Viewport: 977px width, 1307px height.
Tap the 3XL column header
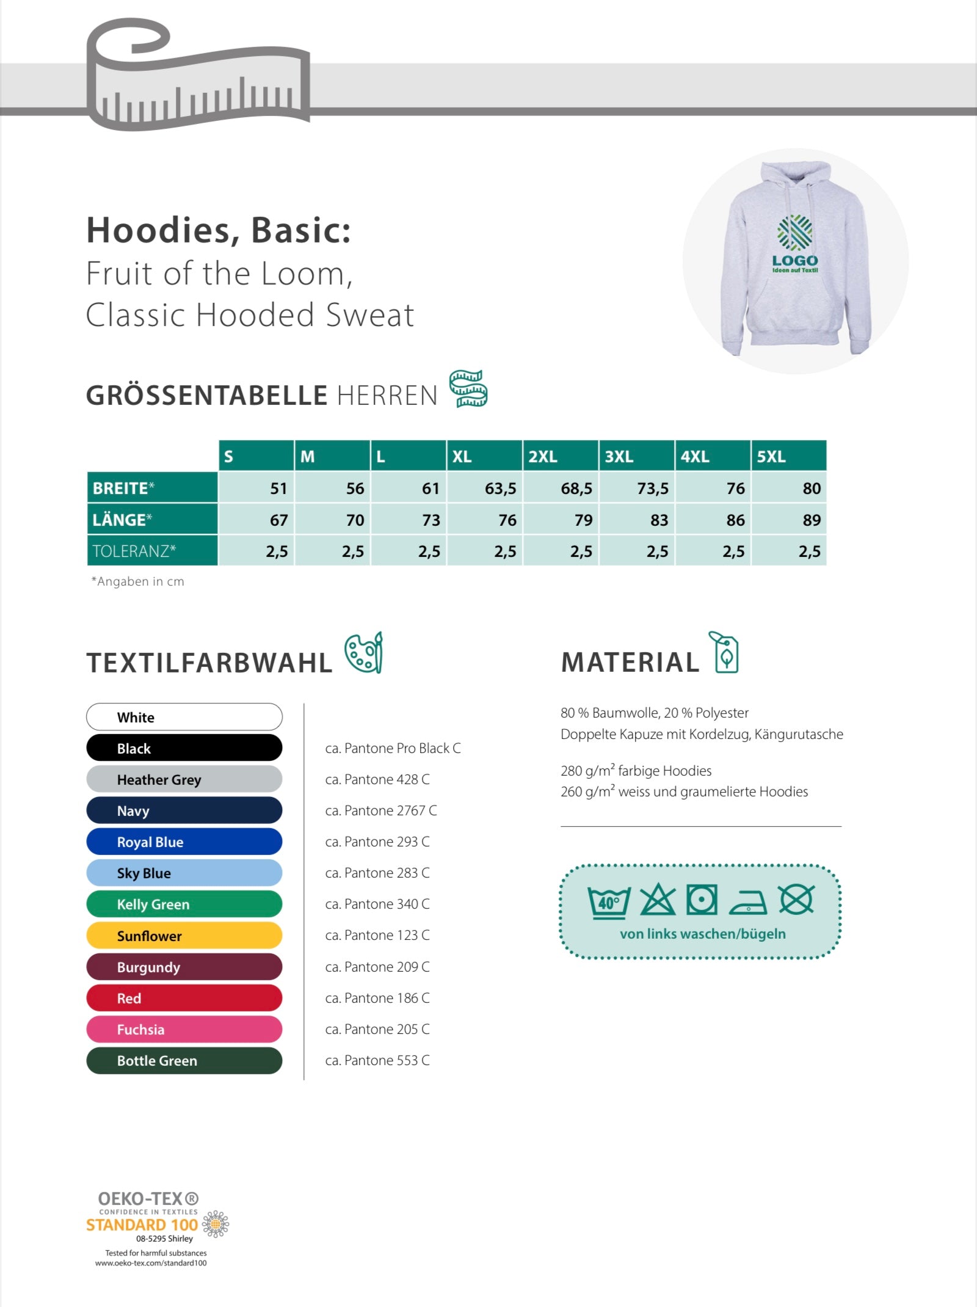(636, 456)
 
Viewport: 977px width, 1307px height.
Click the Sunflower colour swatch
(184, 936)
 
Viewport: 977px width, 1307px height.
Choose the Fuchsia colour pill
(184, 1029)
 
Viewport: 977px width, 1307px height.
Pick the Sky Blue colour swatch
(184, 873)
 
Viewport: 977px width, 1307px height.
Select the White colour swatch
(184, 717)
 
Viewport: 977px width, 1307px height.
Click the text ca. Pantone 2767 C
(381, 810)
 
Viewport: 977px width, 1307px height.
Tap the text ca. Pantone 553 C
(377, 1060)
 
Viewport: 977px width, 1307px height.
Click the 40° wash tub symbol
(609, 901)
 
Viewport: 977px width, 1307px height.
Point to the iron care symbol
(749, 901)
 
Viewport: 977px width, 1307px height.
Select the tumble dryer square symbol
(702, 900)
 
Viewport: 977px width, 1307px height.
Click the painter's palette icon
(364, 653)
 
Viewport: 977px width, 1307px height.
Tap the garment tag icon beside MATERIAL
(724, 652)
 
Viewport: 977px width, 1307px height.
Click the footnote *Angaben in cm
(138, 581)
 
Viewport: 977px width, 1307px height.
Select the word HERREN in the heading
(387, 396)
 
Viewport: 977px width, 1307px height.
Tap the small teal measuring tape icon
(468, 388)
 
